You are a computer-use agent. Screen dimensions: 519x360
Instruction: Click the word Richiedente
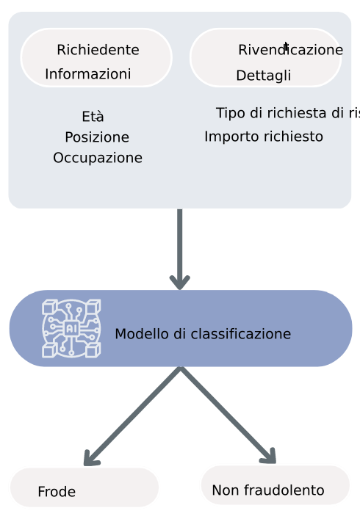(98, 50)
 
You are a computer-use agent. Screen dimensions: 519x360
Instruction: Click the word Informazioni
(88, 74)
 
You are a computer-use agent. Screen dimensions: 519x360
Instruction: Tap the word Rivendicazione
(290, 50)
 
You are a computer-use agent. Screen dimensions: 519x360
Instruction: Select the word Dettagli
(263, 76)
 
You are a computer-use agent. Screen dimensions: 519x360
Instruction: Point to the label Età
(93, 117)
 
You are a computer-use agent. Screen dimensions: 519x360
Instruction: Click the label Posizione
(97, 137)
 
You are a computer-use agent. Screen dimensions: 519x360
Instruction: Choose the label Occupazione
(98, 158)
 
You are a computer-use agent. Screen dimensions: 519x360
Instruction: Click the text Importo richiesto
(264, 137)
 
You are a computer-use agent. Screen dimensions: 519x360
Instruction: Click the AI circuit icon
(71, 328)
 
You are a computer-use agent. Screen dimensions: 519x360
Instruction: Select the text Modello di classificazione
(203, 334)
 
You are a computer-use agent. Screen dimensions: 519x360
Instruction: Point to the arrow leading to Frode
(132, 415)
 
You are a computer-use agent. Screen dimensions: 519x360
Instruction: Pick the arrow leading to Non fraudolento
(228, 415)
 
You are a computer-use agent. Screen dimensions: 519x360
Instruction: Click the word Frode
(57, 492)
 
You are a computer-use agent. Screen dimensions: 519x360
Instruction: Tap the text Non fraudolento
(267, 490)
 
